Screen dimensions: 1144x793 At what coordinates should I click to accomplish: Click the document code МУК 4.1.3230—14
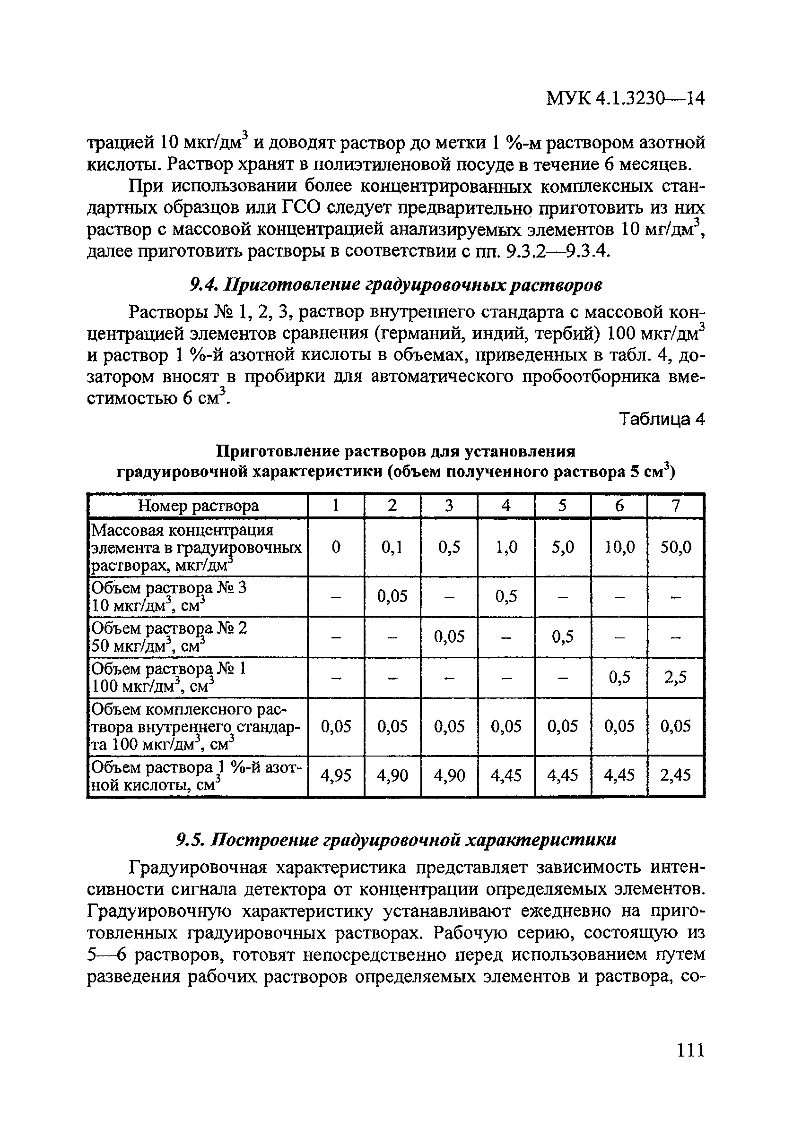[625, 99]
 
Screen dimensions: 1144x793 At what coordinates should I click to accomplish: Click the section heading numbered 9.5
[396, 840]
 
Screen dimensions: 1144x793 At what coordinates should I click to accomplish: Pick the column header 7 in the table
[675, 506]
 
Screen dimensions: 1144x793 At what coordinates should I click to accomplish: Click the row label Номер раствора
[198, 506]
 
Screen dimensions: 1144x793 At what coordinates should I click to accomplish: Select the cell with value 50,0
[675, 547]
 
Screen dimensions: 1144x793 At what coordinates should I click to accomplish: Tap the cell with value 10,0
[619, 547]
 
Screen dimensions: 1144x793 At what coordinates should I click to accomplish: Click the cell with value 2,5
[675, 677]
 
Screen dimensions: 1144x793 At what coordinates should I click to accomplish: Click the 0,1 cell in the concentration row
[392, 547]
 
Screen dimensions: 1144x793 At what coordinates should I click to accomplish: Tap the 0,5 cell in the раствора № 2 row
[562, 637]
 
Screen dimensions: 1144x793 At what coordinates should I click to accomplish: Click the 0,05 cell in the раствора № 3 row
[392, 595]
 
